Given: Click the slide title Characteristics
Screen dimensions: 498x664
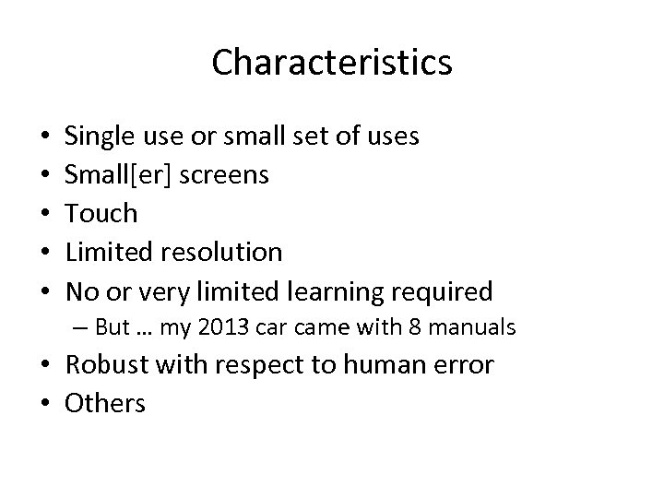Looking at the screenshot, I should coord(331,63).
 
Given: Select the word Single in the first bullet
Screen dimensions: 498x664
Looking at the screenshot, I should coord(98,136).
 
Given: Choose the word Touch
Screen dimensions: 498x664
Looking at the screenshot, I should coord(101,214).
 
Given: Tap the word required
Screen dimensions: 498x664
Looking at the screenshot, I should coord(444,291).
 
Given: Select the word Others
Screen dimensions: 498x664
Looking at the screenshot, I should coord(104,404).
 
